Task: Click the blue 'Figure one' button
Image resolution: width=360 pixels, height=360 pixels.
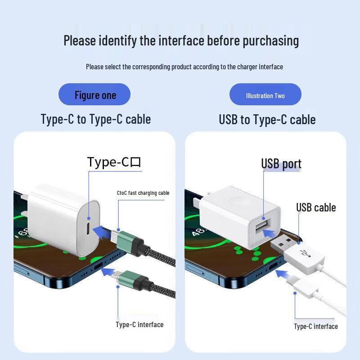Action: pyautogui.click(x=95, y=95)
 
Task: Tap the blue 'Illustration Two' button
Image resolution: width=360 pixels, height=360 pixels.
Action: pyautogui.click(x=265, y=95)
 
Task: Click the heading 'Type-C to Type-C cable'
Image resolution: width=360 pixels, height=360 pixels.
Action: pyautogui.click(x=95, y=119)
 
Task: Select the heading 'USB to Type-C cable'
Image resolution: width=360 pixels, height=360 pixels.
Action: pyautogui.click(x=267, y=120)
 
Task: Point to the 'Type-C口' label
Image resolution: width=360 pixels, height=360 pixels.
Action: pyautogui.click(x=114, y=162)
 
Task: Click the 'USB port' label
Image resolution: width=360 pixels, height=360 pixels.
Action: pyautogui.click(x=281, y=164)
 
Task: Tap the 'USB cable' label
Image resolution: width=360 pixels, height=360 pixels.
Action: pyautogui.click(x=316, y=207)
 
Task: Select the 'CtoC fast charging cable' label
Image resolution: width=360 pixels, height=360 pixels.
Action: pyautogui.click(x=143, y=193)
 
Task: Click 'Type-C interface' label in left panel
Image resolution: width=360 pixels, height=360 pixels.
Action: pyautogui.click(x=139, y=324)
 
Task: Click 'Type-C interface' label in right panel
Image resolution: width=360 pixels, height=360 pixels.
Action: pyautogui.click(x=316, y=326)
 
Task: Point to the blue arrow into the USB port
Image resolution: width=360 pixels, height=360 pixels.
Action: pyautogui.click(x=270, y=233)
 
